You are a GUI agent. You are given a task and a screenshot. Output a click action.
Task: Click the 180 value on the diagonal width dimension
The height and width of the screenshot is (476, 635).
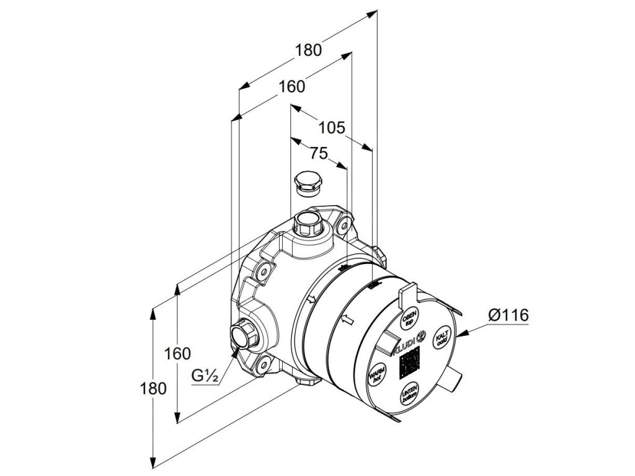[309, 50]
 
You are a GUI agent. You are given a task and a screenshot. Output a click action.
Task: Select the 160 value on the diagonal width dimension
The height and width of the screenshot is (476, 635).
[291, 87]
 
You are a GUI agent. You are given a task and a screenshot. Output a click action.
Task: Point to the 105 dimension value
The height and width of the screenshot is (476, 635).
[332, 128]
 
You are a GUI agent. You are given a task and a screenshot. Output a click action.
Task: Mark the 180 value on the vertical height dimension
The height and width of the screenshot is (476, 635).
[153, 389]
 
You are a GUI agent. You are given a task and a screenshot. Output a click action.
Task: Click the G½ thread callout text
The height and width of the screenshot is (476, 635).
[204, 375]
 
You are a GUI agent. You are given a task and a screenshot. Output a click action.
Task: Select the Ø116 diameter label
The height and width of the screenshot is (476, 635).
[508, 315]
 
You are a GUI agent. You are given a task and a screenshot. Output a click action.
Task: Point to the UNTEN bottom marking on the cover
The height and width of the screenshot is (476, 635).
[409, 394]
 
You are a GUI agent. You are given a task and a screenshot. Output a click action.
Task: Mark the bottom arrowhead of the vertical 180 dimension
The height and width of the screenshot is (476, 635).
[153, 464]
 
